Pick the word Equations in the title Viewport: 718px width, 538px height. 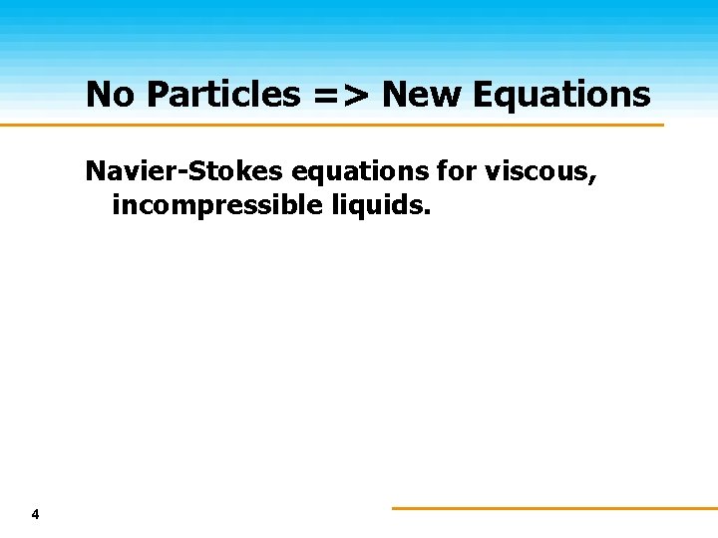[x=562, y=95]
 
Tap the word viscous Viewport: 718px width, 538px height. [x=539, y=171]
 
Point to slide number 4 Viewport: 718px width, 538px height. [x=36, y=515]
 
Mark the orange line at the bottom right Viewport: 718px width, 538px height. [x=554, y=508]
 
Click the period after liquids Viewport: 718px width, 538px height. [x=431, y=213]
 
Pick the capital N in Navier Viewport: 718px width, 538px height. [x=96, y=171]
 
